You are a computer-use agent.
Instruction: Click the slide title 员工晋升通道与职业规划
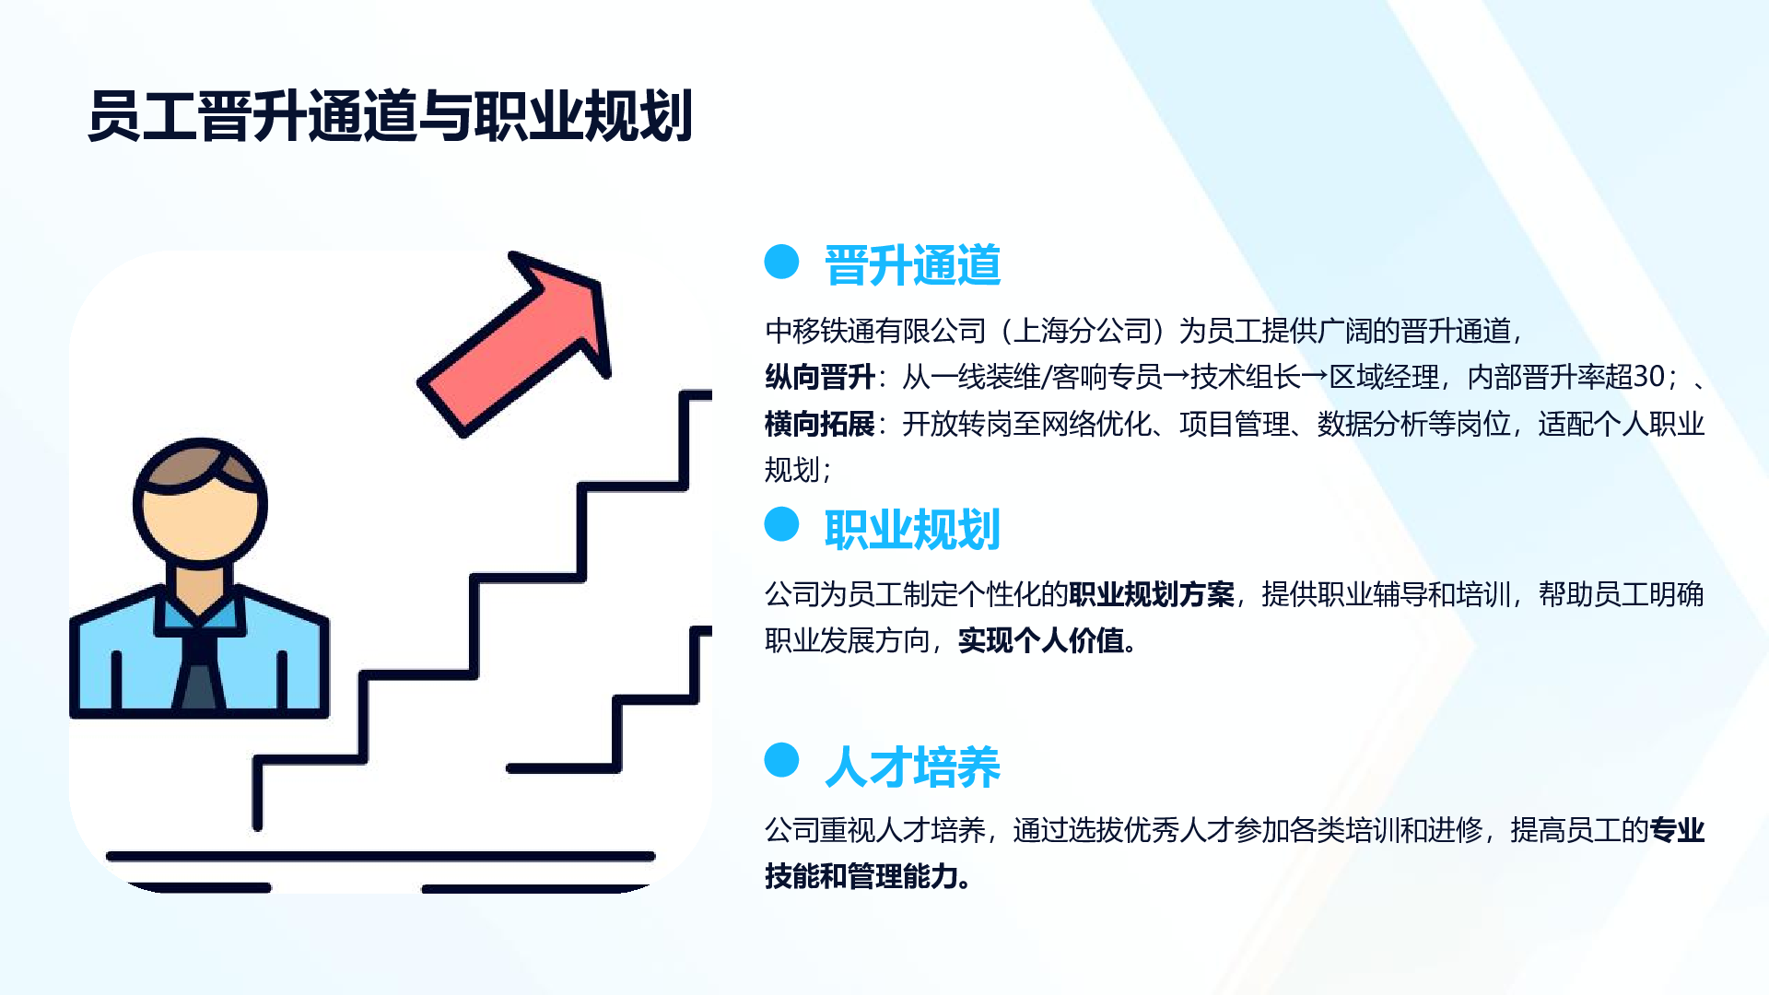pos(390,117)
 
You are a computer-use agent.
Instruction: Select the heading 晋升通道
pos(912,265)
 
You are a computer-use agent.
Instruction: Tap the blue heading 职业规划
pos(912,530)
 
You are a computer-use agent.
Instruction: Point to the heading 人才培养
pos(912,767)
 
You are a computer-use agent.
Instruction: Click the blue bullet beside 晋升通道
pos(781,262)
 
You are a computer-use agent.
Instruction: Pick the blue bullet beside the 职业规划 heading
pos(781,524)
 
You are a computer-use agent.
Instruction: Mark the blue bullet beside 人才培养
pos(781,760)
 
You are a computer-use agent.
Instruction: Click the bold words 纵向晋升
pos(819,377)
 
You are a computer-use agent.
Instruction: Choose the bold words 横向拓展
pos(819,424)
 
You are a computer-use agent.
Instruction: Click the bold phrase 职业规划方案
pos(1151,594)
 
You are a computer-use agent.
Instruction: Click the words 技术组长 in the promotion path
pos(1245,377)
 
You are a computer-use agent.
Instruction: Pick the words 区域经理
pos(1384,377)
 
